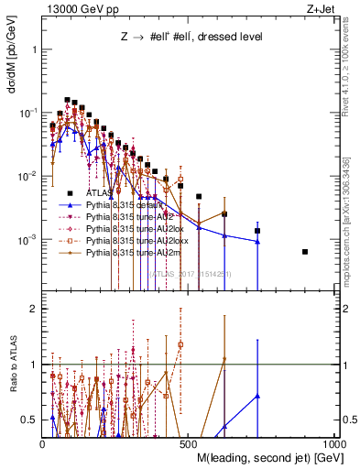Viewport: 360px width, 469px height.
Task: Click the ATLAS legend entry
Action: [88, 192]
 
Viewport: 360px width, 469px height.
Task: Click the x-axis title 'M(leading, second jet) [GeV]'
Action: [254, 457]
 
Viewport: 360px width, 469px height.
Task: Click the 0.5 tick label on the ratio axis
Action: [28, 420]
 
